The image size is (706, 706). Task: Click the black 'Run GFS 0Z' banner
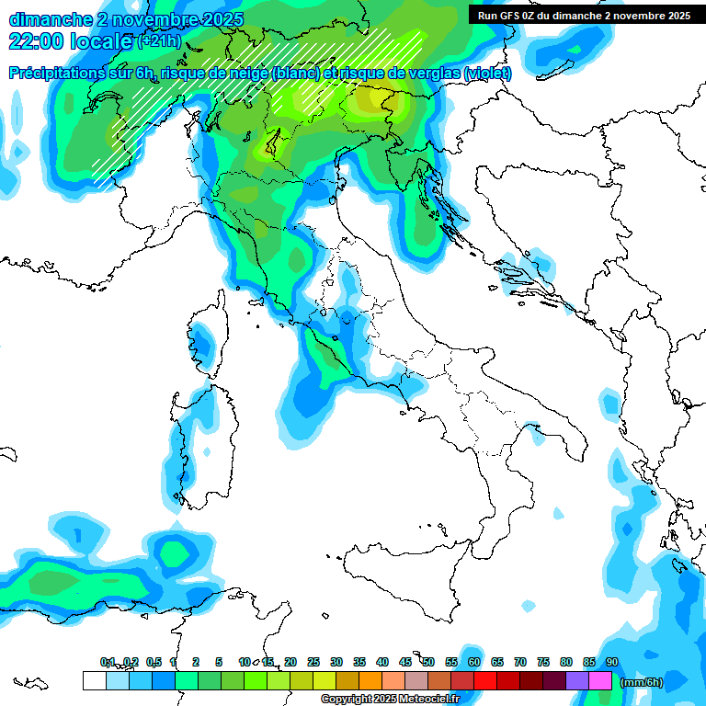coord(585,15)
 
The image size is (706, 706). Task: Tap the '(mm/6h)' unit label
coord(643,682)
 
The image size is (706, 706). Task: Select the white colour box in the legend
coord(94,681)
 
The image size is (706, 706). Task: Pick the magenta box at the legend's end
coord(600,681)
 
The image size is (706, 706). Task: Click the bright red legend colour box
coord(485,681)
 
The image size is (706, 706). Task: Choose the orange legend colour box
coord(370,681)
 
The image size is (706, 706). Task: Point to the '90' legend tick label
coord(612,662)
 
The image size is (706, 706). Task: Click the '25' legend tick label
coord(313,662)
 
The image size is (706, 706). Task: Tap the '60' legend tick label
coord(474,662)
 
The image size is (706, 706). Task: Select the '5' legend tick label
coord(219,662)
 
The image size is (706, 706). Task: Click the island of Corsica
coord(204,340)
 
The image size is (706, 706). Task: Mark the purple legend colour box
coord(577,681)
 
